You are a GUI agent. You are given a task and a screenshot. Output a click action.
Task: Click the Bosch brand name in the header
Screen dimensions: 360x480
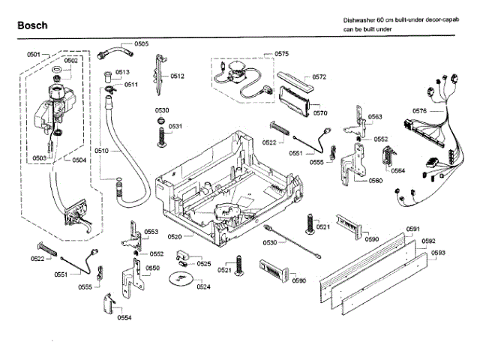[32, 25]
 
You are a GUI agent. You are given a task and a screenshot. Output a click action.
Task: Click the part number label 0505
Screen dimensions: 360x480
[141, 44]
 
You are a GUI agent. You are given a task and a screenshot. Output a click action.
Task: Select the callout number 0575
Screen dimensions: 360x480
[281, 53]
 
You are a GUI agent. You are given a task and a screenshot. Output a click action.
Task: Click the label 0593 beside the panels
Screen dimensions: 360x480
[438, 253]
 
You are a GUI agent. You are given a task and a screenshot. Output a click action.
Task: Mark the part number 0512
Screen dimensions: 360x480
[177, 76]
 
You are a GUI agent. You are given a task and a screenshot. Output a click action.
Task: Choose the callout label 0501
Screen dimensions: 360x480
[33, 55]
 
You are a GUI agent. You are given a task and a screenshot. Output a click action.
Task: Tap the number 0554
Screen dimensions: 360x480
[124, 317]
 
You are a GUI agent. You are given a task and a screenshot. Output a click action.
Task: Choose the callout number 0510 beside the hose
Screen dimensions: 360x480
[102, 151]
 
